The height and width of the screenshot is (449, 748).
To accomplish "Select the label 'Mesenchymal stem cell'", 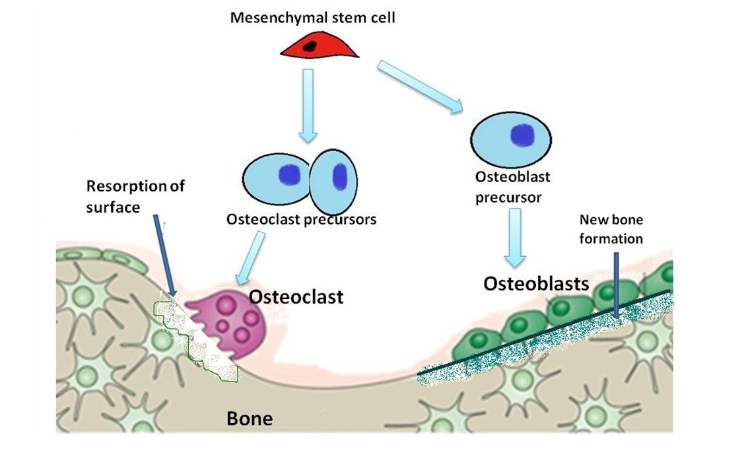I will pyautogui.click(x=312, y=18).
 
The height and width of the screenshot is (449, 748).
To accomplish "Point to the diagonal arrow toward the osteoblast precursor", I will pyautogui.click(x=419, y=87).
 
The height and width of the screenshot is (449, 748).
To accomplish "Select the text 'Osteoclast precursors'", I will pyautogui.click(x=301, y=219).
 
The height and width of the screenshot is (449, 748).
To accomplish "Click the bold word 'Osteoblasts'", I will pyautogui.click(x=536, y=283).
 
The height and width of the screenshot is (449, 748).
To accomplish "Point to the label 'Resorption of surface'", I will pyautogui.click(x=135, y=196).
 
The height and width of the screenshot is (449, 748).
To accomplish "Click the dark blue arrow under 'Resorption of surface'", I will pyautogui.click(x=165, y=258).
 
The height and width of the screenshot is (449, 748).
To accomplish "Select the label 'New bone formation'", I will pyautogui.click(x=611, y=228).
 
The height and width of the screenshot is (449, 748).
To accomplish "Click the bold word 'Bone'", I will pyautogui.click(x=250, y=419).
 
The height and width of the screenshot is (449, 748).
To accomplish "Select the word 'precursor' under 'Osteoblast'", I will pyautogui.click(x=508, y=197).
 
